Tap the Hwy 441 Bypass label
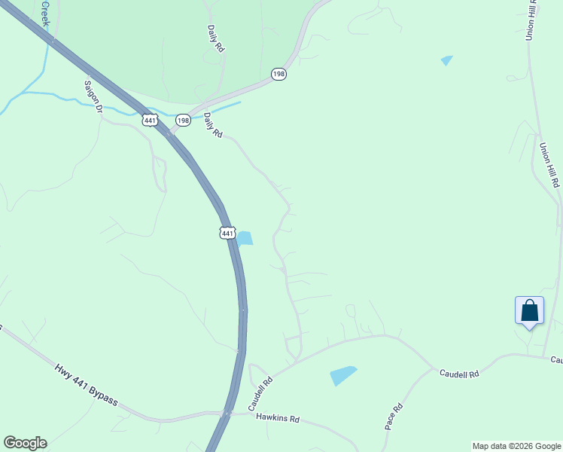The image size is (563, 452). coord(86,384)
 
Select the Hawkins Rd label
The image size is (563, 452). coord(277,417)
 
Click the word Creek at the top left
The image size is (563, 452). coord(45,13)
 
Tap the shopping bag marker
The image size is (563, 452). coord(529,310)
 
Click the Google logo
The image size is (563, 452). coord(25,443)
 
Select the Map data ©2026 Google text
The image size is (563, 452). coord(516,446)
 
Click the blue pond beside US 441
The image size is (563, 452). coord(245,238)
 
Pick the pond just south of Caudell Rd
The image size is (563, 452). coord(342,374)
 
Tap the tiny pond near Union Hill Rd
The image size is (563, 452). coord(447,60)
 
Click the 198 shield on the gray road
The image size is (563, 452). coord(278,74)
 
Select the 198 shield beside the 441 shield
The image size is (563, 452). coord(183,121)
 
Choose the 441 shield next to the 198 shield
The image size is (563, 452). coord(149,120)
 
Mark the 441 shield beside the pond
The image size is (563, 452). coord(227,233)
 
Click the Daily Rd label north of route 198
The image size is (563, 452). coord(216,38)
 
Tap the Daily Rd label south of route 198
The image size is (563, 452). coord(213,125)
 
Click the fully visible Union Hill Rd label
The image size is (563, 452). coord(549,165)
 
